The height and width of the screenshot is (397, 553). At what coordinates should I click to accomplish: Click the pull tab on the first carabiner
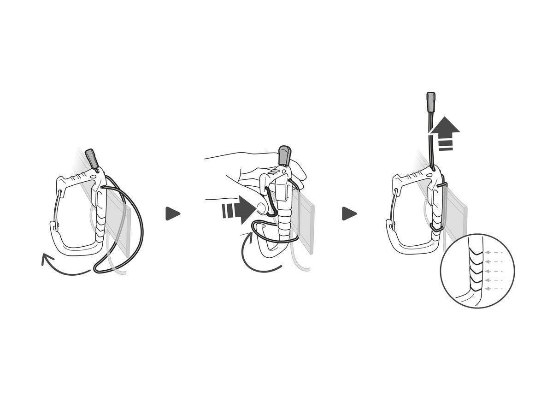click(92, 159)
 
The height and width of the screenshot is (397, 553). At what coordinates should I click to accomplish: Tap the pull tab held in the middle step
click(284, 155)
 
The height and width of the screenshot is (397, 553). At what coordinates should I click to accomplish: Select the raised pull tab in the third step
click(430, 101)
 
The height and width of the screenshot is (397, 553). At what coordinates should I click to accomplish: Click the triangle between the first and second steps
click(172, 213)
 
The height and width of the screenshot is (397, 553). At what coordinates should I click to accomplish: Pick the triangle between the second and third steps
click(349, 213)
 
